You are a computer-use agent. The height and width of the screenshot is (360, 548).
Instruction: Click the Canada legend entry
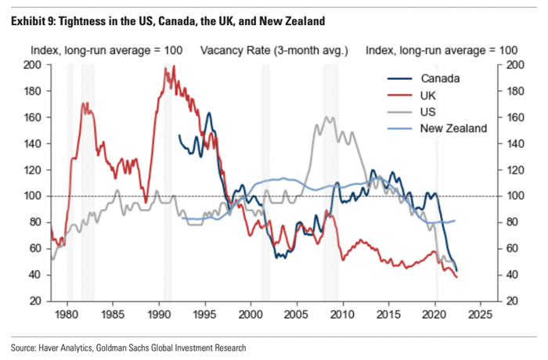pyautogui.click(x=439, y=78)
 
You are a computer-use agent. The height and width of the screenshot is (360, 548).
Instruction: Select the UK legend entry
pyautogui.click(x=430, y=95)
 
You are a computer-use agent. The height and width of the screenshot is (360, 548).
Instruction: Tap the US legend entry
pyautogui.click(x=430, y=112)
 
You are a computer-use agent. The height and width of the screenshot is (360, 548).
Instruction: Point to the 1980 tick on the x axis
pyautogui.click(x=67, y=314)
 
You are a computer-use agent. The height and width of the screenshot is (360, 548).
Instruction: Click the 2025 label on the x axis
pyautogui.click(x=479, y=314)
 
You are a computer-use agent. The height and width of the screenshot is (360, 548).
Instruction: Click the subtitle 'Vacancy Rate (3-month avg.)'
pyautogui.click(x=274, y=50)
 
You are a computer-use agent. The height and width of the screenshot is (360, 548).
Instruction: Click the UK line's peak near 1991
pyautogui.click(x=166, y=67)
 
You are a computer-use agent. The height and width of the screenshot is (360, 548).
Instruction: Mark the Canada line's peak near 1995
pyautogui.click(x=208, y=113)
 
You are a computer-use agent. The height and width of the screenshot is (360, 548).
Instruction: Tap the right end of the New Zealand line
pyautogui.click(x=456, y=221)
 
